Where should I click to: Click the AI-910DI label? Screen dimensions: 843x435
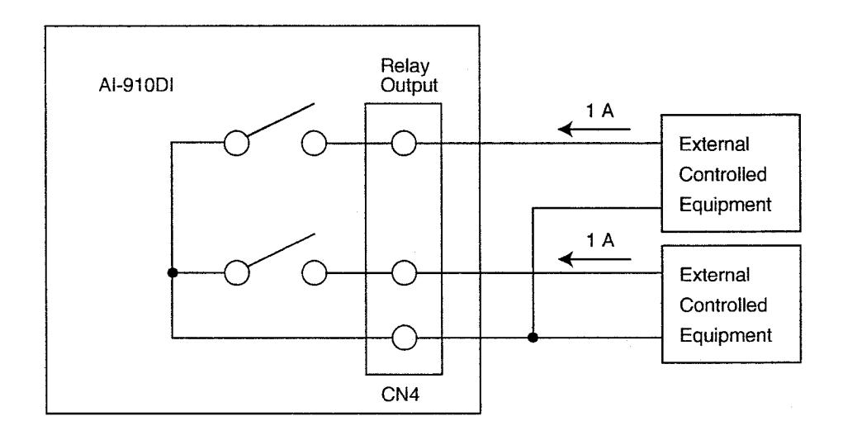[135, 86]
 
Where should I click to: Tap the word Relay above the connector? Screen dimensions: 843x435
[405, 67]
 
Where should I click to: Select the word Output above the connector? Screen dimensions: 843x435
[410, 85]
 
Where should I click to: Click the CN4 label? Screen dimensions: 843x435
[400, 395]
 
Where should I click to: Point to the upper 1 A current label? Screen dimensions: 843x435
[599, 111]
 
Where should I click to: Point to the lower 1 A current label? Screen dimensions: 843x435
[599, 240]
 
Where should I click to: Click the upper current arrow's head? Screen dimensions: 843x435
[565, 129]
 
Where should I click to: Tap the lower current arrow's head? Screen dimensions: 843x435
[566, 260]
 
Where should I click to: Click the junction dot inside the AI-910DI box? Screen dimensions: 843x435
[173, 273]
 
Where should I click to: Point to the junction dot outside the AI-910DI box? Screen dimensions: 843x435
[533, 338]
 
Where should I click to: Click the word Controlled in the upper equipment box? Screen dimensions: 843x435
[722, 174]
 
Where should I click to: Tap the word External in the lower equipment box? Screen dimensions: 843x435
[714, 275]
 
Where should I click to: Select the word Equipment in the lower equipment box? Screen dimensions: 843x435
[726, 335]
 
